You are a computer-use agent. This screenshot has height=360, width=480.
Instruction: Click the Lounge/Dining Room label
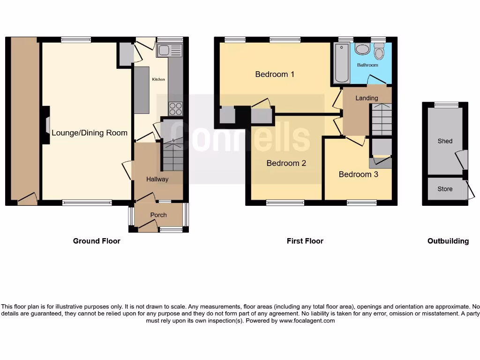point(89,133)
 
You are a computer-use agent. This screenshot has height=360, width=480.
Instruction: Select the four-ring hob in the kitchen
point(175,109)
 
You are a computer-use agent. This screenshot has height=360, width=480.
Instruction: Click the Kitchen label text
point(158,80)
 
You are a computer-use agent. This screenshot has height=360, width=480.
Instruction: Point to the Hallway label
point(157,179)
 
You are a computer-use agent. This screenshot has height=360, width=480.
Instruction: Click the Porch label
point(158,215)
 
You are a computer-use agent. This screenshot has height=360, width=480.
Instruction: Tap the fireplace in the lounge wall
point(47,125)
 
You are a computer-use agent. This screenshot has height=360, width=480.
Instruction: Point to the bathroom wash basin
point(361,48)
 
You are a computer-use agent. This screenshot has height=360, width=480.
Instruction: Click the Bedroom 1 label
point(275,74)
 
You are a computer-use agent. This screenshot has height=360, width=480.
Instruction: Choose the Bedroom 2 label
point(286,163)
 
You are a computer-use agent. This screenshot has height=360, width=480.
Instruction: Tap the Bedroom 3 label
point(358,174)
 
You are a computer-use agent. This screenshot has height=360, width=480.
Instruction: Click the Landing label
point(367,98)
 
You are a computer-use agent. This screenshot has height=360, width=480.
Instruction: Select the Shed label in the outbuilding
point(445,141)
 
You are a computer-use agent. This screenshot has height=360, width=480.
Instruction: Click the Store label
point(445,189)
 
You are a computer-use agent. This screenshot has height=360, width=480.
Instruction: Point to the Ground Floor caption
point(97,241)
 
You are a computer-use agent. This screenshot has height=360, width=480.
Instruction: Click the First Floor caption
point(305,241)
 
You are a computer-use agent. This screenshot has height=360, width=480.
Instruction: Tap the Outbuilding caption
point(448,241)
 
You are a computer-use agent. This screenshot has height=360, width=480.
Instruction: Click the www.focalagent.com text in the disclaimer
point(307,321)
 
